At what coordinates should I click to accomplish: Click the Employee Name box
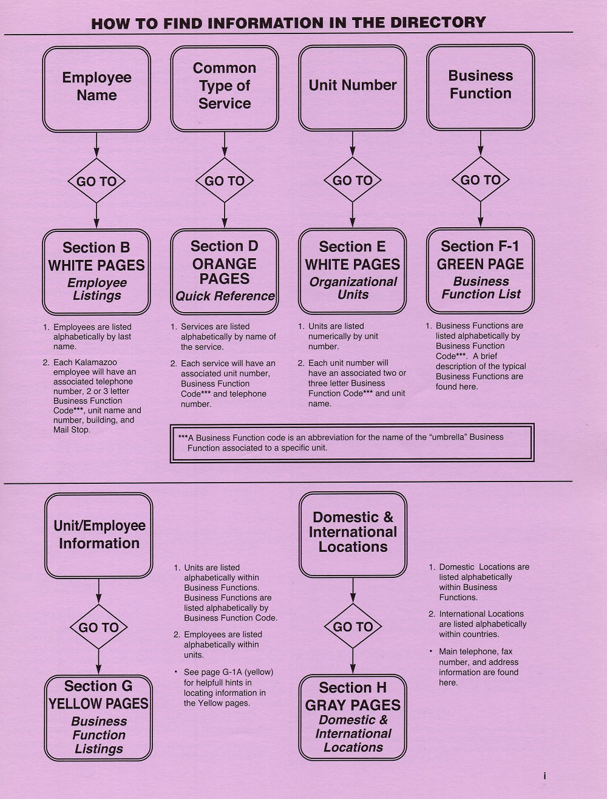(x=97, y=89)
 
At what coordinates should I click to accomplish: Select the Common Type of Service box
(x=225, y=89)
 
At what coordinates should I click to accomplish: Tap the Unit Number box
(x=352, y=87)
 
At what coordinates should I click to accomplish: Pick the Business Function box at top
(x=480, y=87)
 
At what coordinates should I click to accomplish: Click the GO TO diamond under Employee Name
(x=97, y=180)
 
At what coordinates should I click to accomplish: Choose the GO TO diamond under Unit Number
(x=352, y=180)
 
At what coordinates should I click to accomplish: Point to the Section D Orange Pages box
(x=225, y=271)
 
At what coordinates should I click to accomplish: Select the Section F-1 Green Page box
(x=480, y=270)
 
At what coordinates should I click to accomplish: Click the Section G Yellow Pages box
(x=98, y=718)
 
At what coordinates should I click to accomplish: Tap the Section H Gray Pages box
(x=352, y=717)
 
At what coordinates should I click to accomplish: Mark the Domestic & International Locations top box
(x=353, y=535)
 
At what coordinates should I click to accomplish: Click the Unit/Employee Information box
(x=98, y=535)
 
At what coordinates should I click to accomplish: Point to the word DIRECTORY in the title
(x=438, y=22)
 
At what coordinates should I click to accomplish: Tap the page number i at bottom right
(x=544, y=776)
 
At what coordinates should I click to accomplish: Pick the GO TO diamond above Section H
(x=353, y=627)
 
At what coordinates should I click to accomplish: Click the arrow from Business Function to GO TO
(x=480, y=143)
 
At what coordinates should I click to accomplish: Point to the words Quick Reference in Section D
(x=225, y=296)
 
